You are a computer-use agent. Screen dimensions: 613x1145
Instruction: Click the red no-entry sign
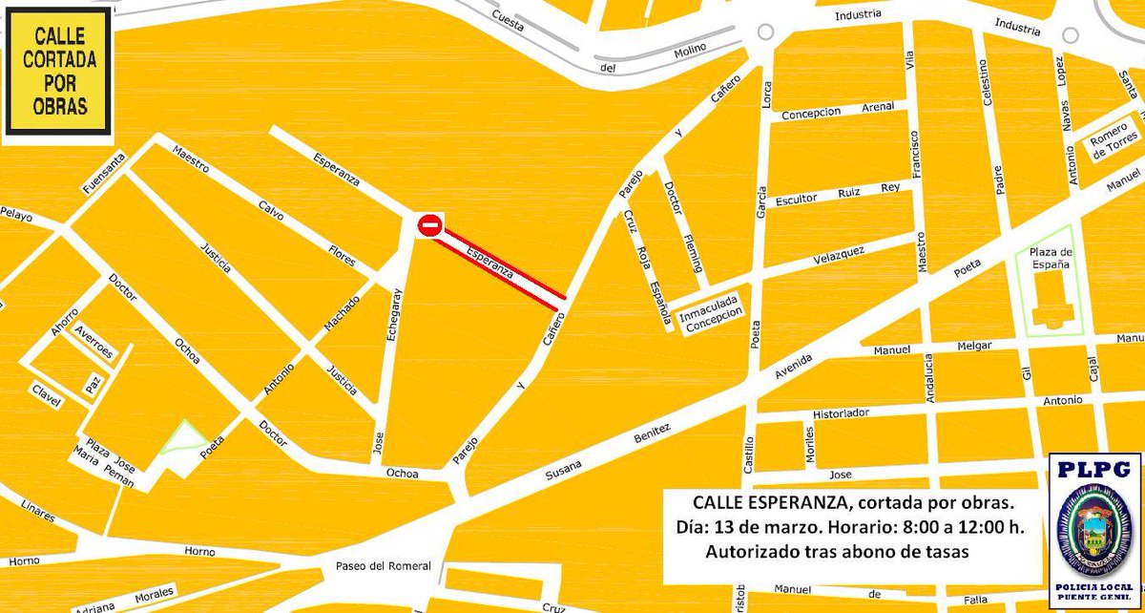429,225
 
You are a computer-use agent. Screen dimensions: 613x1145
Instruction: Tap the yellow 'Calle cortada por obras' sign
59,72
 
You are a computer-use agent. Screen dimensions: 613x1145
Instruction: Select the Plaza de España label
1053,259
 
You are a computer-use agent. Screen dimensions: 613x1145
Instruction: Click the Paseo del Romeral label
383,566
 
